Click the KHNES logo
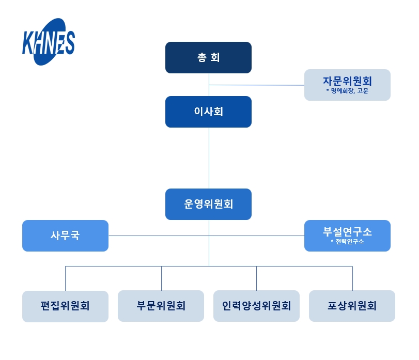pos(49,42)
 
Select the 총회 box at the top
pos(208,57)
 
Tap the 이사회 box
pos(208,112)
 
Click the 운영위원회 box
pos(208,204)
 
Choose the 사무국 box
pos(65,236)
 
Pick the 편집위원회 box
pos(65,306)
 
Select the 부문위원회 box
pos(161,306)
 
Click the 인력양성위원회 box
pos(256,306)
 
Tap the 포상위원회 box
pos(352,306)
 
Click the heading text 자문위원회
pos(347,81)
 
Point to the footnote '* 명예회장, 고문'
pos(347,91)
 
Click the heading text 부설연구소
pos(347,231)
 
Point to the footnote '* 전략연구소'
pos(347,242)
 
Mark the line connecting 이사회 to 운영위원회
pos(209,158)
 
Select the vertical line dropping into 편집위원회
pos(65,278)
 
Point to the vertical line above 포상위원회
pos(352,278)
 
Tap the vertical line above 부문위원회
pos(161,278)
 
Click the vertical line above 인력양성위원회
pos(256,278)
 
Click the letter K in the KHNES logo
pos(29,43)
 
